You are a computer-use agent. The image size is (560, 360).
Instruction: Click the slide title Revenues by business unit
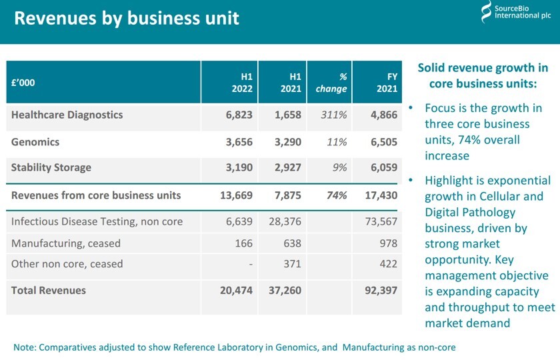pos(126,17)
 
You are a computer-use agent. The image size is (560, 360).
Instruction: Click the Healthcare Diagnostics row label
pos(67,115)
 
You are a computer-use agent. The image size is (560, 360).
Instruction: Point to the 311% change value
pos(334,115)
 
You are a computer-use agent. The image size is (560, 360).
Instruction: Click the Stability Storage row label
pos(51,167)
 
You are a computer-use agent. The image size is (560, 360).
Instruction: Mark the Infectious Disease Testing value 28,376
pos(285,222)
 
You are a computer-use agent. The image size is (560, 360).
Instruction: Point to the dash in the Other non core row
pos(251,265)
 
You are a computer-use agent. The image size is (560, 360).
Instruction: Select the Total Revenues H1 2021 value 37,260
pos(285,291)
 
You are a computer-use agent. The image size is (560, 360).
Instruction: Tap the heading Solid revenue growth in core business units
pos(483,76)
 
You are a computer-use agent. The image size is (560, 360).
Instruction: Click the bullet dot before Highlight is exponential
pos(411,181)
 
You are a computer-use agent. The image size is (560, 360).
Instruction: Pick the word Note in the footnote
pos(25,347)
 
